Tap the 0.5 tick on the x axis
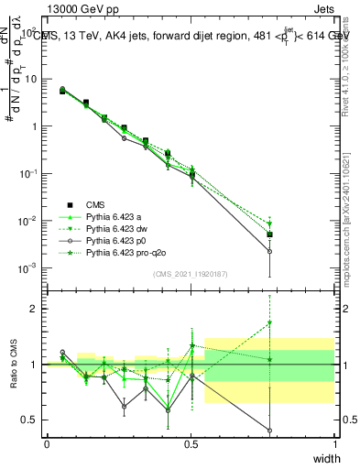click(191, 444)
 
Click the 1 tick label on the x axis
click(335, 444)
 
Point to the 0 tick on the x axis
click(47, 444)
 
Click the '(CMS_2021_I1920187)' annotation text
click(191, 274)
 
